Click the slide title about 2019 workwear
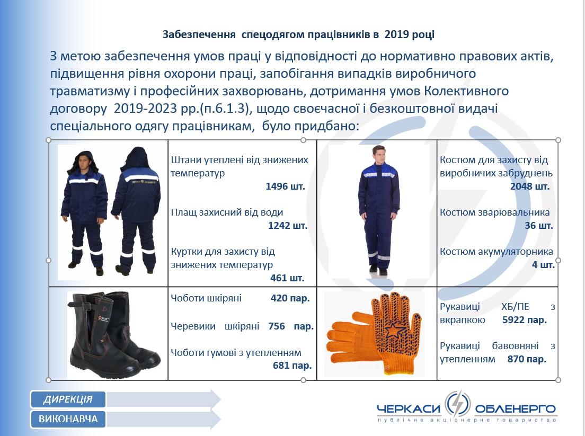coord(298,34)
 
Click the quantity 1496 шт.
coord(286,186)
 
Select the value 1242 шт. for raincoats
coord(288,225)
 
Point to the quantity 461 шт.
coord(287,278)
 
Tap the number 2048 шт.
coord(530,186)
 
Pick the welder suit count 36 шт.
coord(539,225)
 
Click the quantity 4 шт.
coord(543,265)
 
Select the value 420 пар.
coord(290,298)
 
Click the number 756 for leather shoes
coord(277,326)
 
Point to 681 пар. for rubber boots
coord(292,365)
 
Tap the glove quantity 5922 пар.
coord(525,319)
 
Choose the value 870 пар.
coord(527,359)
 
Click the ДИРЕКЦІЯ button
coord(68,399)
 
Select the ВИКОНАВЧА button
coord(68,419)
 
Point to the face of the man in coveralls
coord(378,153)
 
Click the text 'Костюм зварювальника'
coord(495,212)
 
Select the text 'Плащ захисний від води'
coord(227,212)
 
